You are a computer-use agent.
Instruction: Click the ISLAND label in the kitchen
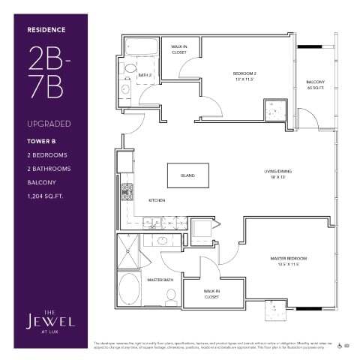tap(187, 175)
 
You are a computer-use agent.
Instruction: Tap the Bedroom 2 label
tap(245, 75)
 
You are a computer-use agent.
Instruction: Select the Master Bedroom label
tap(288, 261)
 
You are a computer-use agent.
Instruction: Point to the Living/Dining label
tap(277, 173)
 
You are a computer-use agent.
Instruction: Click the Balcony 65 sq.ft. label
tap(315, 85)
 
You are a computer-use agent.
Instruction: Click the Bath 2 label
tap(145, 74)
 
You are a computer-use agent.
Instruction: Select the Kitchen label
tap(156, 200)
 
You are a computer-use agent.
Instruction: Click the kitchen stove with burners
tap(127, 192)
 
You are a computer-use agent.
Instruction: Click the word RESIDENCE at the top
tap(47, 30)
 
